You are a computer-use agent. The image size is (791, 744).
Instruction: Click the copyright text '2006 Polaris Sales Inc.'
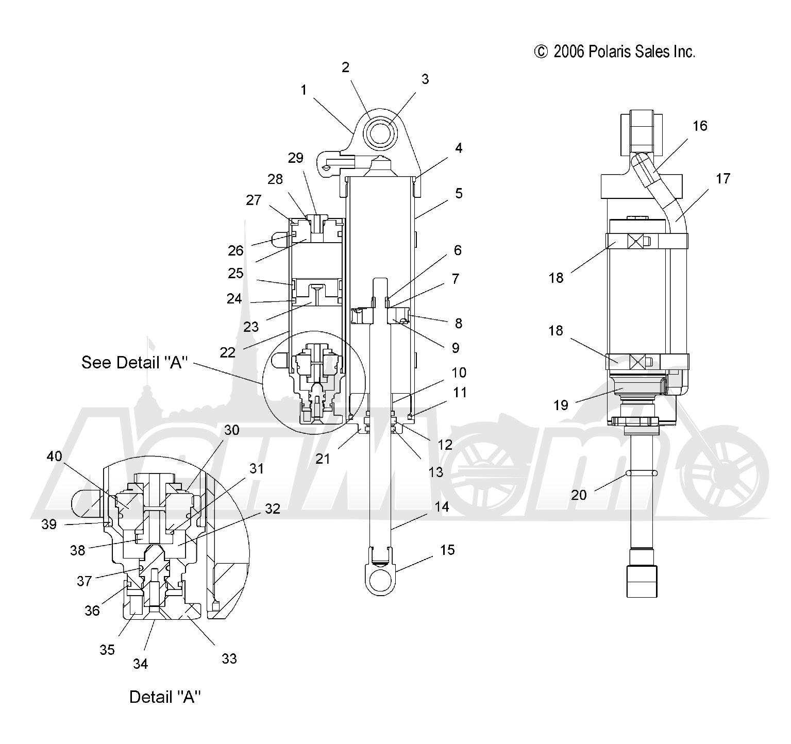click(x=624, y=52)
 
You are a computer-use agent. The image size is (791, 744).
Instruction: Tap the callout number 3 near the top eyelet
click(x=425, y=79)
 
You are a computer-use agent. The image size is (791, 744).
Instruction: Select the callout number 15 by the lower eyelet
click(x=447, y=550)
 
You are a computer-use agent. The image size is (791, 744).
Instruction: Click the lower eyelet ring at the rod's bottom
click(x=382, y=580)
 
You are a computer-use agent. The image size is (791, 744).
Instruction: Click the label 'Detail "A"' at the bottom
click(x=165, y=697)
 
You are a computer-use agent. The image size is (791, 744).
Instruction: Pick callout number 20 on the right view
click(x=579, y=495)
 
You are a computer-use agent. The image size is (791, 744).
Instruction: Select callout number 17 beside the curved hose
click(x=723, y=178)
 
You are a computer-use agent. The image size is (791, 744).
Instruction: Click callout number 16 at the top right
click(x=700, y=126)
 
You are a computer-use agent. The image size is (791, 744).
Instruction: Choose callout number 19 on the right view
click(x=561, y=405)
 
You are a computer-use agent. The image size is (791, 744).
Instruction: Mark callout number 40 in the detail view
click(x=54, y=456)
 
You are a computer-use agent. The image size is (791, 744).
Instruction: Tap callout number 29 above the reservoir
click(x=296, y=158)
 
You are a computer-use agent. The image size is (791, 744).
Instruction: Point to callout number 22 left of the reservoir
click(x=227, y=352)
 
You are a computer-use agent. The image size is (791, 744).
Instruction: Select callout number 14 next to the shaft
click(x=442, y=507)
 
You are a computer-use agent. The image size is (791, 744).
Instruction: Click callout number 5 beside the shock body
click(x=458, y=193)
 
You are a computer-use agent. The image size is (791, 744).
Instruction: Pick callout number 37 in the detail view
click(x=84, y=581)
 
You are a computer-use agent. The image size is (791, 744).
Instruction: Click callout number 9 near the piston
click(x=455, y=348)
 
